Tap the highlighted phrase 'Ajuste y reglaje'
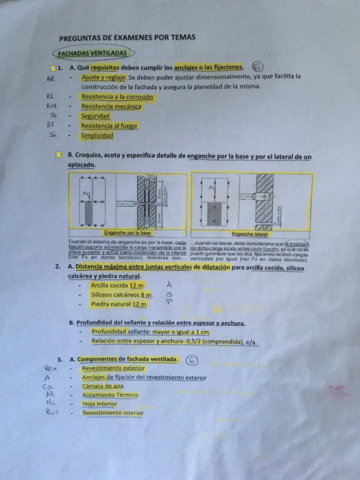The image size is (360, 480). tap(105, 76)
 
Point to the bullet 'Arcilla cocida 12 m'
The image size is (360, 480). tap(118, 285)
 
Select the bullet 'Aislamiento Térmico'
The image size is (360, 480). tap(110, 394)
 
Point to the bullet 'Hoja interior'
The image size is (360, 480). tap(101, 403)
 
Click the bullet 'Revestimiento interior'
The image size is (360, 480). tap(112, 412)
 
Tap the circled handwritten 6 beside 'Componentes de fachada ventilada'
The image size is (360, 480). tap(192, 357)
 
